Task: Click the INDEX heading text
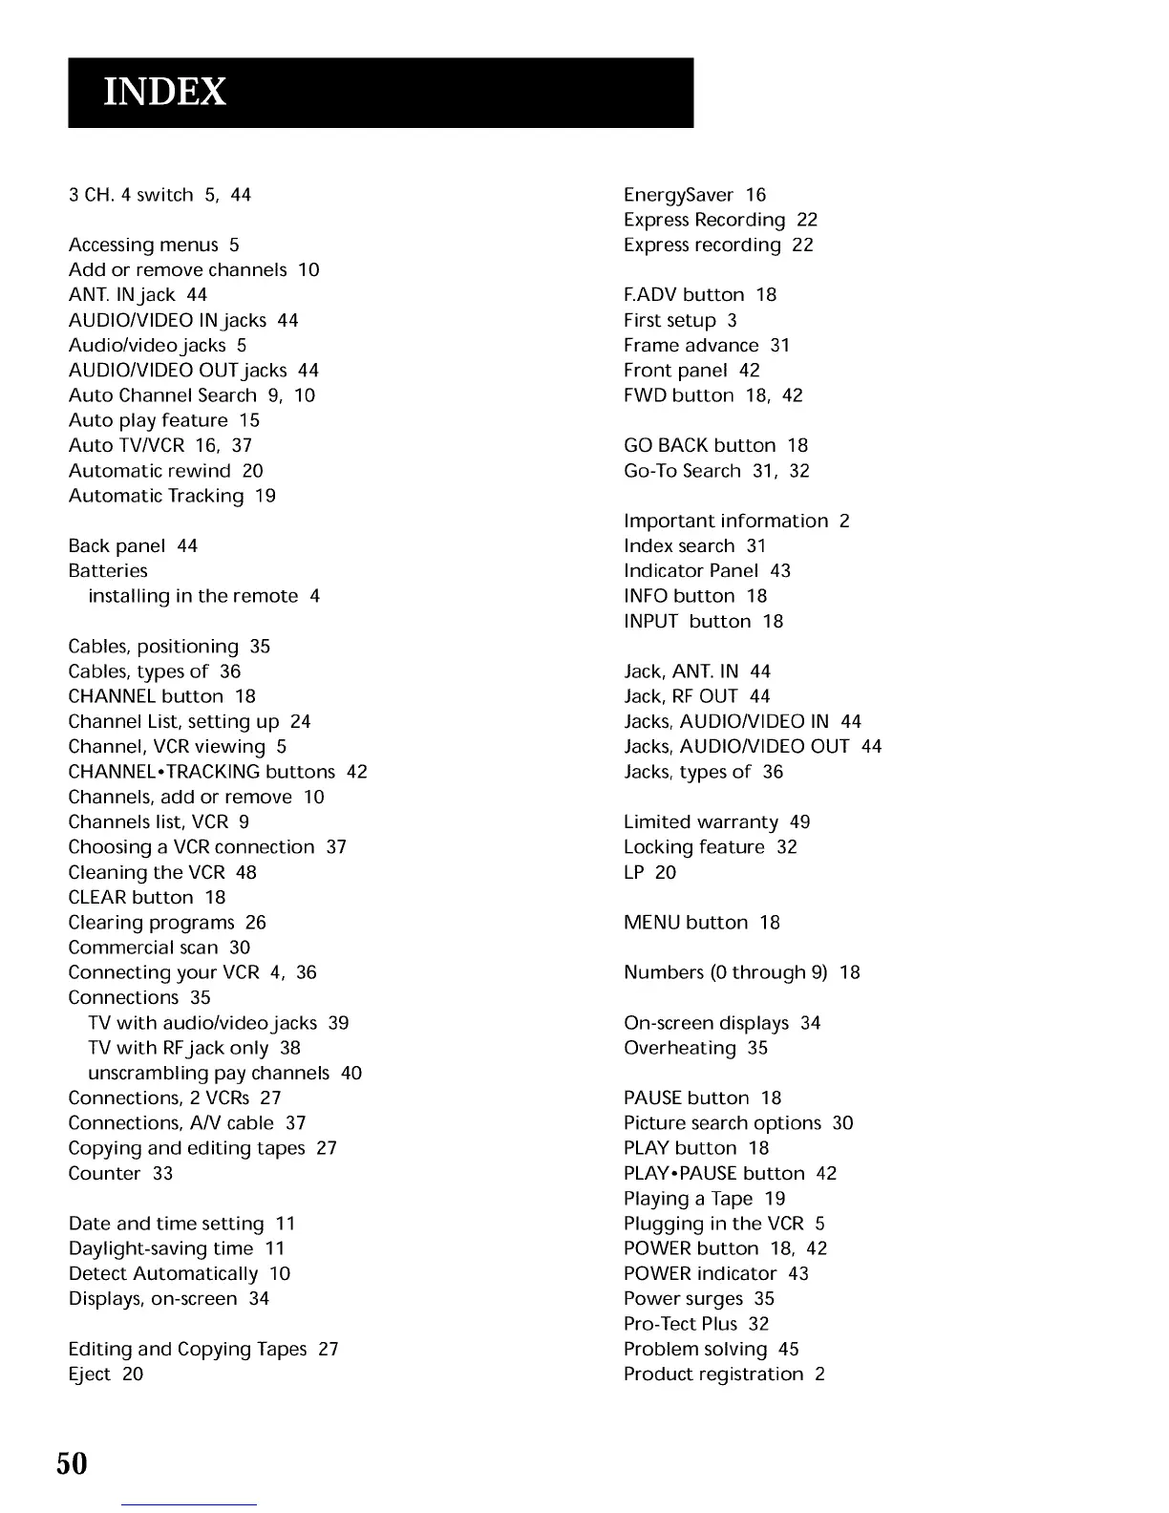[164, 92]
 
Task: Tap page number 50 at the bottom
[72, 1463]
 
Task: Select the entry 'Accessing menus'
[143, 245]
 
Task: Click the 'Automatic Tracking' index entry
[157, 496]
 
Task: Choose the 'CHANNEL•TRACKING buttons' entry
[202, 772]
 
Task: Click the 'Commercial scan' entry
[143, 948]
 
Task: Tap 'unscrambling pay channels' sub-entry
[208, 1073]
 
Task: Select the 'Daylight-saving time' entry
[161, 1248]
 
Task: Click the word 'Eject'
[89, 1374]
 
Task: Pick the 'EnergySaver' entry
[678, 195]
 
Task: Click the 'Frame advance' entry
[691, 346]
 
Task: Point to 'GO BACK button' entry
[700, 446]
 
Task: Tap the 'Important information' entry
[726, 521]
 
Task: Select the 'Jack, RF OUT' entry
[681, 696]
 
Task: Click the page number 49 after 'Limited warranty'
[800, 822]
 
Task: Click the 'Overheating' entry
[680, 1048]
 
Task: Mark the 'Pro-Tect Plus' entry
[681, 1324]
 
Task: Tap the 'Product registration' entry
[713, 1374]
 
